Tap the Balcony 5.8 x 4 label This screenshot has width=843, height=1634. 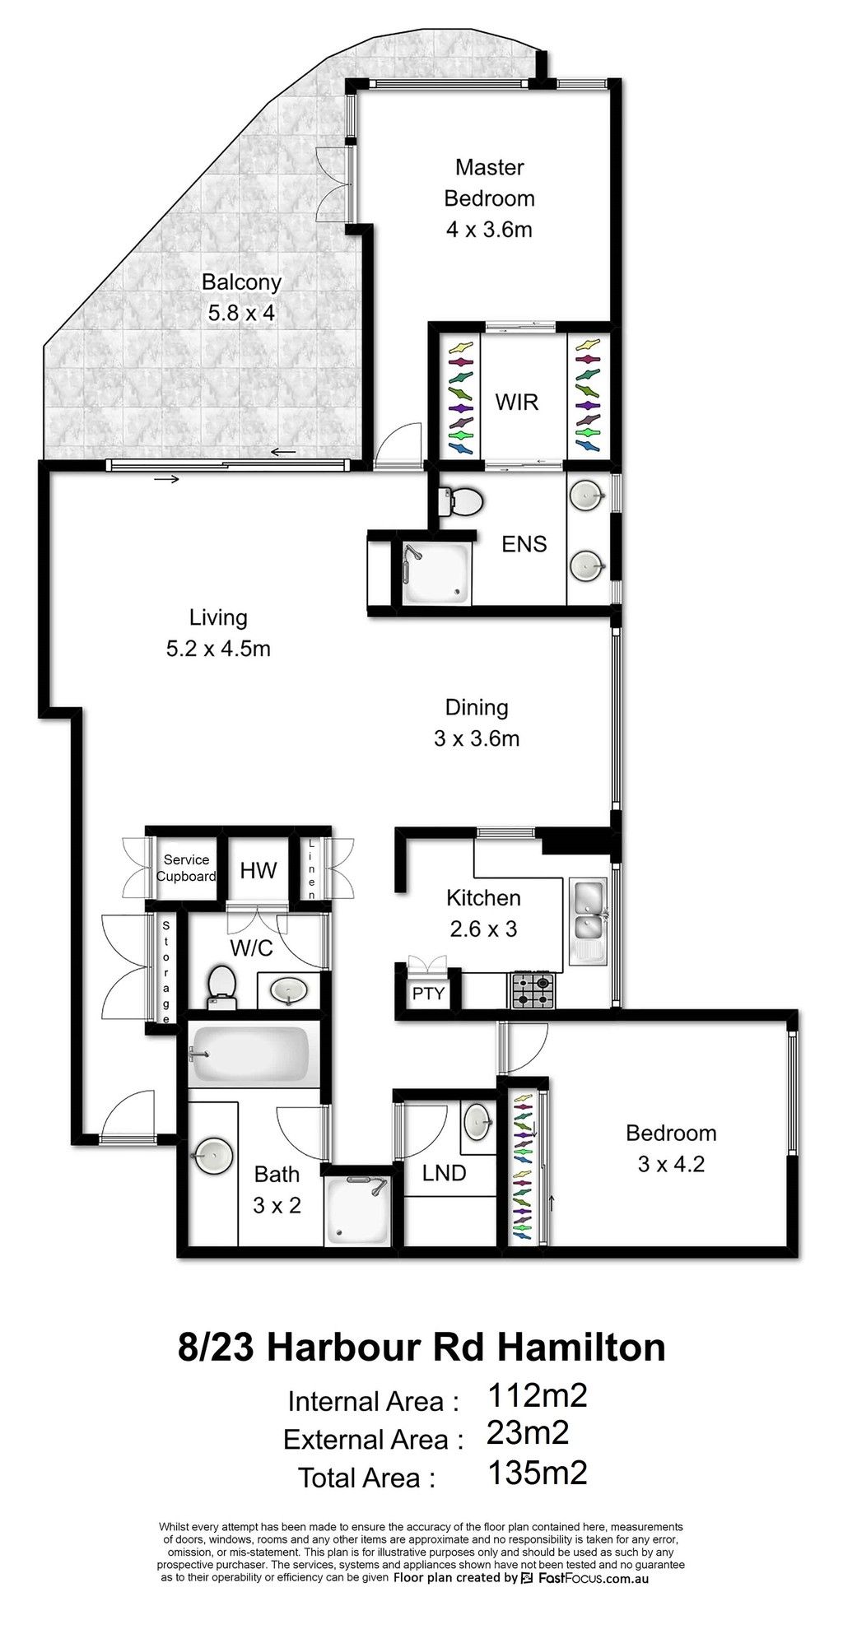(x=241, y=297)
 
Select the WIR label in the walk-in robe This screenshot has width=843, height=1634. (x=517, y=402)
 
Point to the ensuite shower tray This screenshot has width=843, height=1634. (x=435, y=573)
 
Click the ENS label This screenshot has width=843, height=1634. (x=524, y=544)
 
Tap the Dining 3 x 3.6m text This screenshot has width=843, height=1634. (x=477, y=723)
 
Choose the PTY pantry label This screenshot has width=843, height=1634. (x=428, y=993)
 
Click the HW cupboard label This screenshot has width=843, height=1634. (x=258, y=870)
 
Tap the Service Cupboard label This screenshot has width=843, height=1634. (x=186, y=868)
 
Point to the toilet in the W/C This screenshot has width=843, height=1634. (x=221, y=986)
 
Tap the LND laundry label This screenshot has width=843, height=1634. (x=445, y=1172)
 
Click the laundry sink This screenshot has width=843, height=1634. (x=479, y=1119)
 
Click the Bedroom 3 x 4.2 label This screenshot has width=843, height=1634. (x=671, y=1148)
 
